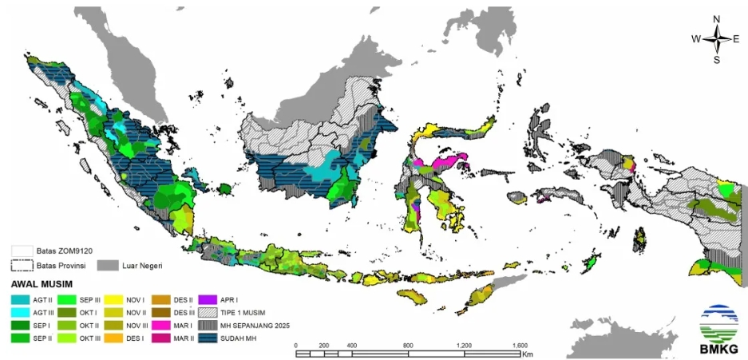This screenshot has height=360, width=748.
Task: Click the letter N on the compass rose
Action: tap(717, 19)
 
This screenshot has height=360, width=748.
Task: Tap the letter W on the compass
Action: tap(695, 38)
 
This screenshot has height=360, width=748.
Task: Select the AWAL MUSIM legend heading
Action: tap(42, 283)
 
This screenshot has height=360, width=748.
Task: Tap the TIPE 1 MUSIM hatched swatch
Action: tap(206, 312)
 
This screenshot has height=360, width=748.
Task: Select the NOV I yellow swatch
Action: tap(111, 298)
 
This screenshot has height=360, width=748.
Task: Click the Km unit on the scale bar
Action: tap(528, 353)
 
